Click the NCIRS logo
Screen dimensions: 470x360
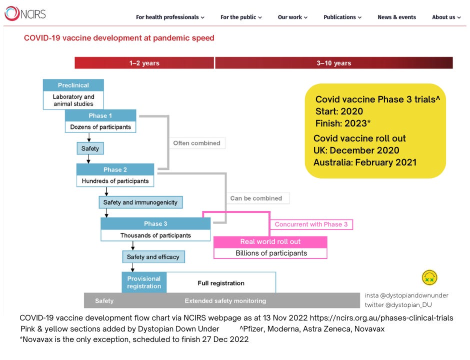click(25, 13)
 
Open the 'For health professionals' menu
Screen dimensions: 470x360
click(170, 17)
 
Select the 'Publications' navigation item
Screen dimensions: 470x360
click(342, 17)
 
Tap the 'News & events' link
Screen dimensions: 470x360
click(396, 17)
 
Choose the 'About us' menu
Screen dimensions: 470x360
click(446, 17)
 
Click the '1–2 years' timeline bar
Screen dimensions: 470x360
click(144, 63)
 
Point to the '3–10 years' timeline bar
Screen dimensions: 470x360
click(333, 63)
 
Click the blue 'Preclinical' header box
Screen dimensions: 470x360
click(73, 85)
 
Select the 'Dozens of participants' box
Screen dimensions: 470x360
click(100, 127)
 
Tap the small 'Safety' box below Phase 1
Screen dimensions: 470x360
click(90, 148)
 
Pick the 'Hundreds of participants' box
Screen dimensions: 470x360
click(115, 180)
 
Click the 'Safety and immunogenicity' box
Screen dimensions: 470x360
click(140, 202)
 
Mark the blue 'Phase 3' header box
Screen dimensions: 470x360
click(155, 223)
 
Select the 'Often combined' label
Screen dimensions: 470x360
click(196, 143)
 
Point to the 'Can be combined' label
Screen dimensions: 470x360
click(256, 198)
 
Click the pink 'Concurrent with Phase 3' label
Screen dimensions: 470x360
click(311, 224)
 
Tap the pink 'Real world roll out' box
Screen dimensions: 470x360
click(270, 242)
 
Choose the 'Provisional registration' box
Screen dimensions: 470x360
click(144, 282)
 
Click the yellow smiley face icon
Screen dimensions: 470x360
click(429, 277)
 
